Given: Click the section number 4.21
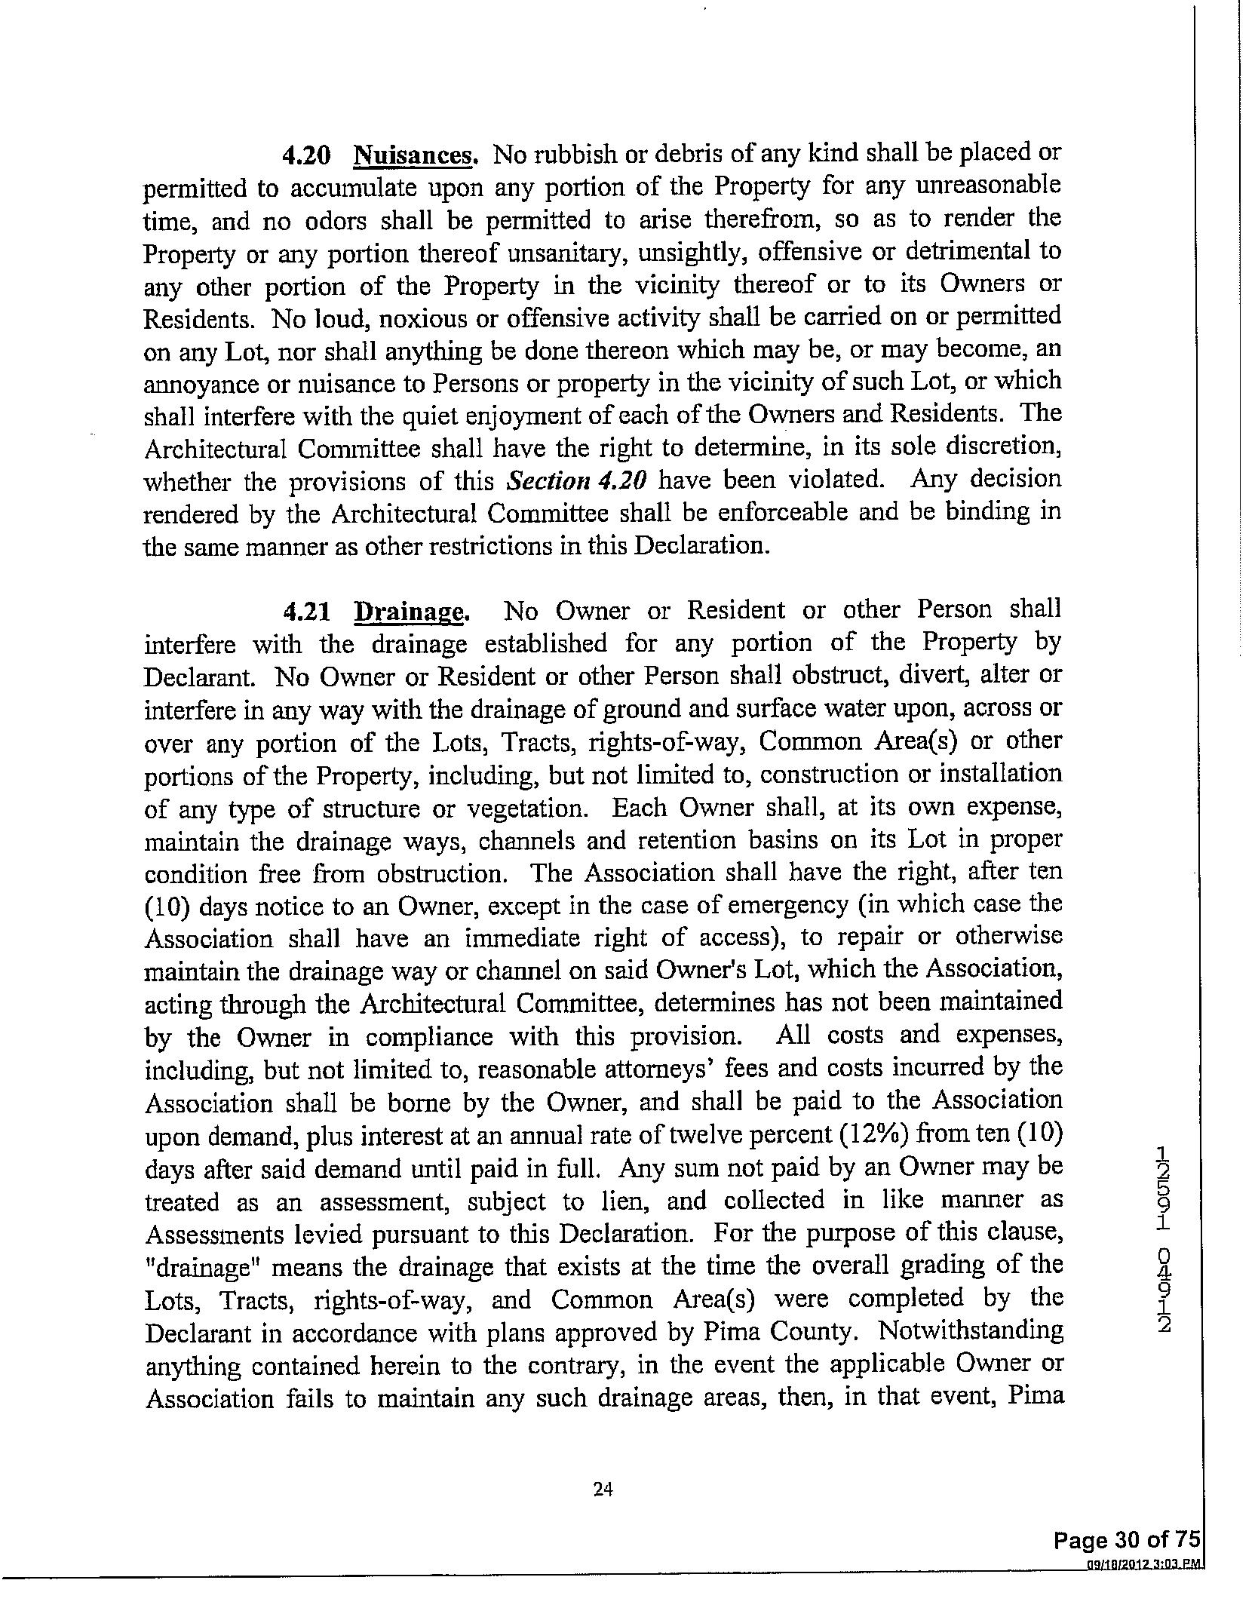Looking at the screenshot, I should (x=305, y=611).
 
